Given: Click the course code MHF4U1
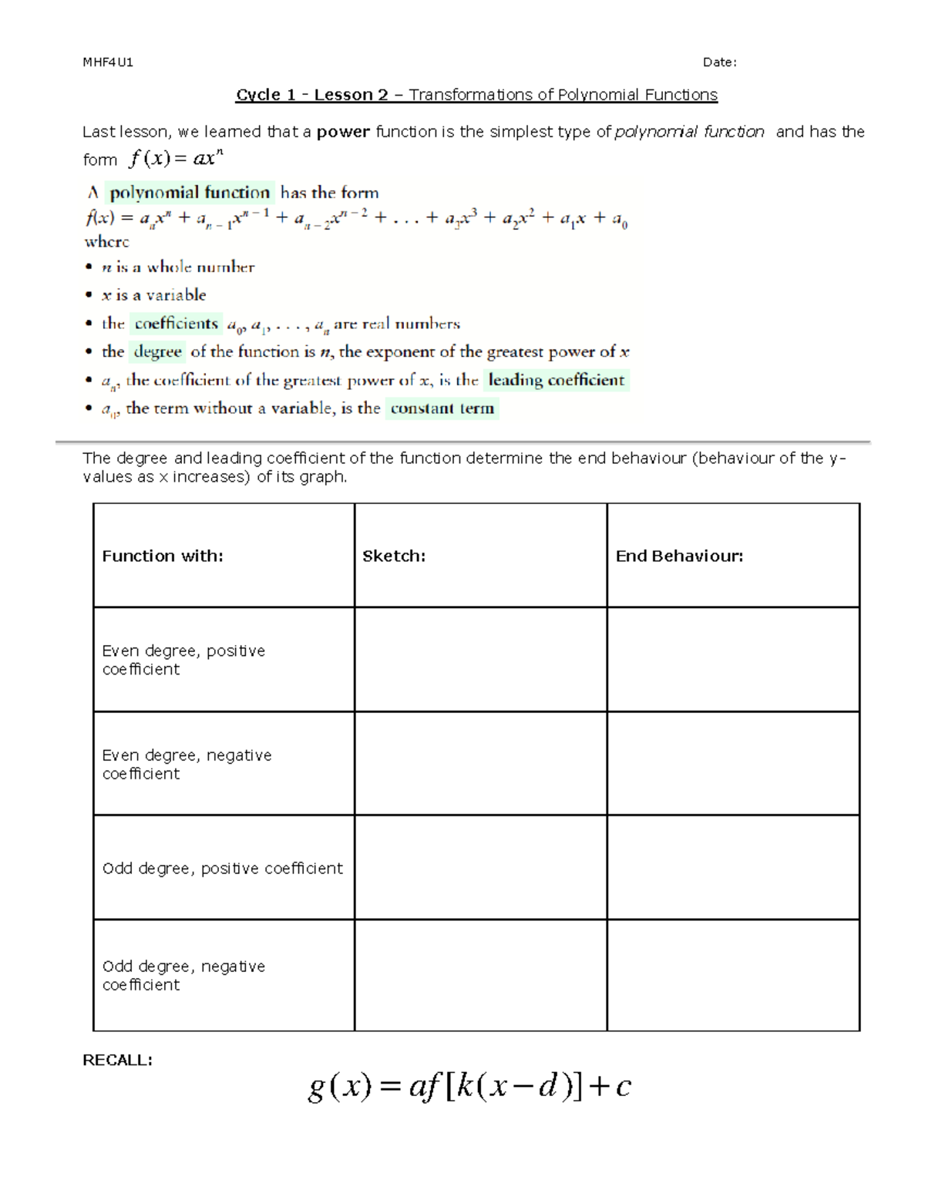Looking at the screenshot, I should coord(108,62).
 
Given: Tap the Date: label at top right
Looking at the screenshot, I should coord(719,62).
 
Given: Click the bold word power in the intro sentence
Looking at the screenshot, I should coord(343,132).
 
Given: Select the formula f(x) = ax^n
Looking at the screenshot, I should coord(176,159).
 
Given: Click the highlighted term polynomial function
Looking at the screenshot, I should coord(190,193).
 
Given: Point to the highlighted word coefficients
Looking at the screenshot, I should coord(176,324).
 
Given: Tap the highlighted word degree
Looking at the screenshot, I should coord(157,352).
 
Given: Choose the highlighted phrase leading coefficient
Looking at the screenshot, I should coord(556,380).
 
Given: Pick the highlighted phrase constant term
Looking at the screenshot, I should coord(442,409).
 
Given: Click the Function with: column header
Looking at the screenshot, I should coord(163,556).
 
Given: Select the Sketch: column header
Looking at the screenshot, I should coord(394,556).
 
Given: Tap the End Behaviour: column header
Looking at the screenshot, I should coord(679,556).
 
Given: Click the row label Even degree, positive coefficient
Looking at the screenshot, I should coord(183,660).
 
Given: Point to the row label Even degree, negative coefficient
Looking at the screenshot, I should coord(187,764).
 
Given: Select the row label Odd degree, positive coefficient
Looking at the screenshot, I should coord(222,868).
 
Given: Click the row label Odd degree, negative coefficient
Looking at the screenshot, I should coord(183,975).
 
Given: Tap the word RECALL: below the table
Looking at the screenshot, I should coord(117,1060).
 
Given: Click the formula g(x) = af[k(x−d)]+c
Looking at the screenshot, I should coord(469,1086).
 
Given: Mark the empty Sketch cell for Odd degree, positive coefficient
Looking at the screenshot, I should coord(480,867).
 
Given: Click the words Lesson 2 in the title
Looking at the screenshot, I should coord(351,95).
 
